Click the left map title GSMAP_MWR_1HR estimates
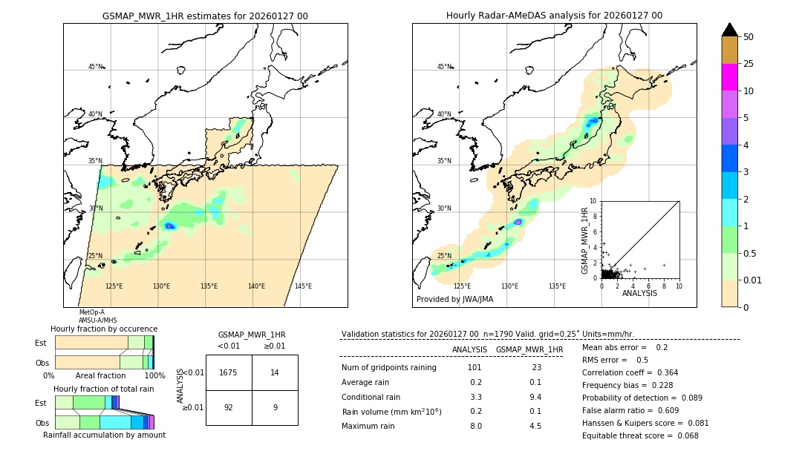[205, 16]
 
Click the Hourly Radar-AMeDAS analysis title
[554, 16]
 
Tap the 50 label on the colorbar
[749, 36]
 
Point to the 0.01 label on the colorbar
[753, 280]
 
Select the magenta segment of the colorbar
[729, 77]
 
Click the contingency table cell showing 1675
[229, 372]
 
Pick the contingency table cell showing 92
[229, 407]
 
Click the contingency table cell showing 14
[275, 372]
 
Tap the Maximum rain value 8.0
[475, 426]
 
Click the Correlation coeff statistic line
[630, 372]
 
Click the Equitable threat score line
[640, 435]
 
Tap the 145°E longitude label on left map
[303, 286]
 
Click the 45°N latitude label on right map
[444, 67]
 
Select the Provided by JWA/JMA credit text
[454, 300]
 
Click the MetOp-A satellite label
[92, 312]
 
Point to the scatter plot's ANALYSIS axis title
[639, 293]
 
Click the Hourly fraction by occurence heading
[104, 329]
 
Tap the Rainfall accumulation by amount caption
[104, 435]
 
